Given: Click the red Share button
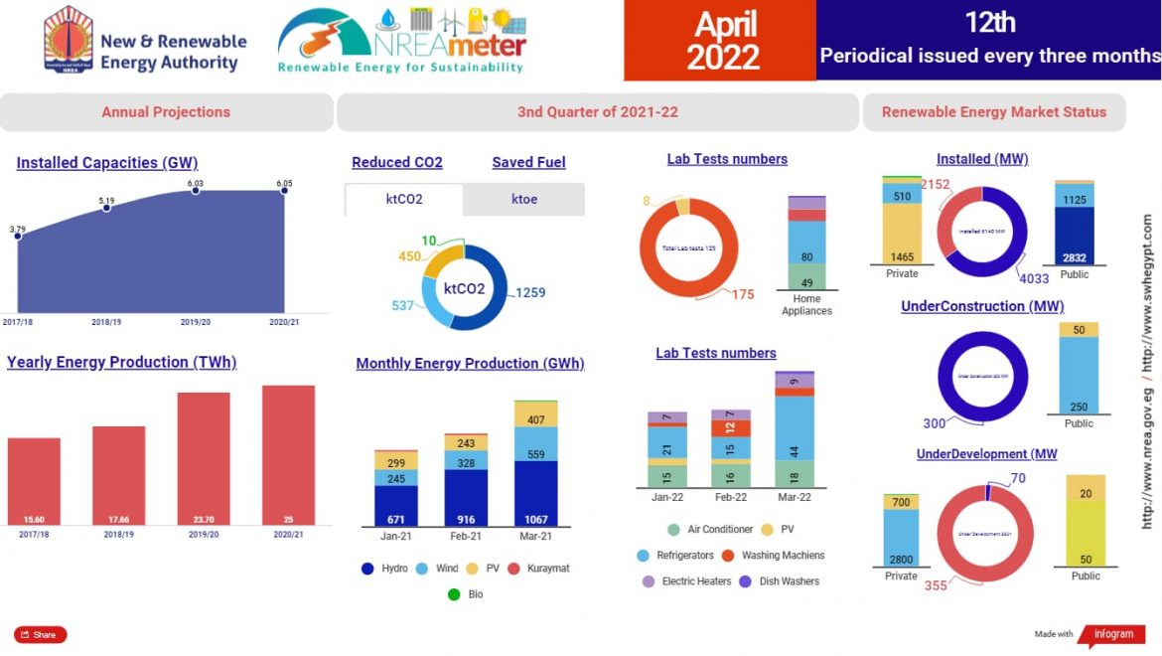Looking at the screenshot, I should [40, 634].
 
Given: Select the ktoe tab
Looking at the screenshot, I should [523, 199].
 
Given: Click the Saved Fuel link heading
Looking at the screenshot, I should [528, 163].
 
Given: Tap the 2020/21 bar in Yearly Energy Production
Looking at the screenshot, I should [288, 455].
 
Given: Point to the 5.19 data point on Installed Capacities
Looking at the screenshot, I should [106, 207].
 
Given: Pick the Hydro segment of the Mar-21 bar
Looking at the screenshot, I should [535, 493].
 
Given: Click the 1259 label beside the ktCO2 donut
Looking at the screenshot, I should [530, 292].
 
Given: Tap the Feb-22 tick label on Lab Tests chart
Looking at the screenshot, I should [730, 498].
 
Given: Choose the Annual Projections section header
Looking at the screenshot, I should [166, 112].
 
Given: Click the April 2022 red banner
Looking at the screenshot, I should [720, 41].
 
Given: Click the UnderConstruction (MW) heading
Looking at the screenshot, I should [981, 306].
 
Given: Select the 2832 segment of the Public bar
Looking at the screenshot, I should [1074, 236].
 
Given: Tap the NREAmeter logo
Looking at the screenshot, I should [401, 40].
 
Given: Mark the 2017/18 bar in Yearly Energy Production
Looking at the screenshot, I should [34, 482].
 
